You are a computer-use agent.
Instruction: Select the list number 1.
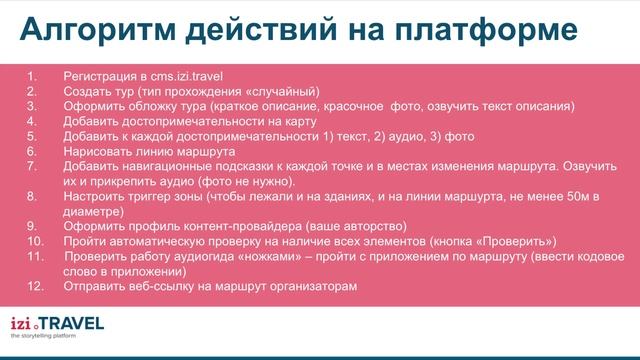31,75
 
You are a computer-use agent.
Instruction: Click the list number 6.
31,151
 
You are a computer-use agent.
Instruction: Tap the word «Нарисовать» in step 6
96,151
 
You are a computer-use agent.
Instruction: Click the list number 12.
34,288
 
